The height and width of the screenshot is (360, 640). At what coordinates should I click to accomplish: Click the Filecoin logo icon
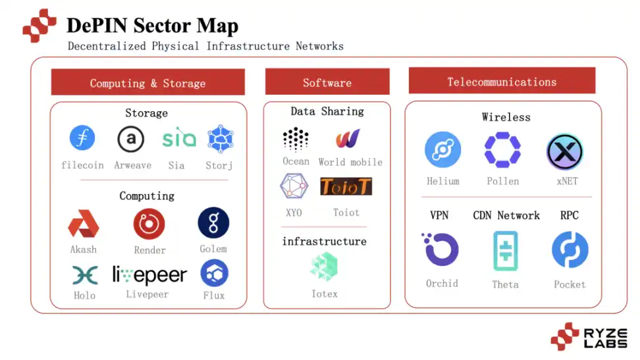(x=82, y=138)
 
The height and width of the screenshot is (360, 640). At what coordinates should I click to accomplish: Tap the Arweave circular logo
(x=131, y=139)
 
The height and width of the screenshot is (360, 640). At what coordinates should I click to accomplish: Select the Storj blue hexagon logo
(x=220, y=139)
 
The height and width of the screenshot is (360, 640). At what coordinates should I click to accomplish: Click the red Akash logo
(x=84, y=224)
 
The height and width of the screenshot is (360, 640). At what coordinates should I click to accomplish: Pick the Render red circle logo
(x=149, y=224)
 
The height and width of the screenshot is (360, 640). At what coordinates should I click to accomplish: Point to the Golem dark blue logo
(x=213, y=223)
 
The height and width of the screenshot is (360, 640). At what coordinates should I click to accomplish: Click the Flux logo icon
(x=214, y=272)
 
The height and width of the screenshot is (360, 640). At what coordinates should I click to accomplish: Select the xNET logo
(x=565, y=151)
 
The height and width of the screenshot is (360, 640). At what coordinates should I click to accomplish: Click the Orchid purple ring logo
(x=441, y=251)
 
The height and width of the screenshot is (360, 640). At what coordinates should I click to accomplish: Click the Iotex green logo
(x=324, y=267)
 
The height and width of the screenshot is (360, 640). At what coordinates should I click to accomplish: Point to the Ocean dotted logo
(x=296, y=139)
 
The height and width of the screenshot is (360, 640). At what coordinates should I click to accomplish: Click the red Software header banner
(x=327, y=82)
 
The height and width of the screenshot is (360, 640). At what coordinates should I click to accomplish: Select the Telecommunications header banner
(x=502, y=82)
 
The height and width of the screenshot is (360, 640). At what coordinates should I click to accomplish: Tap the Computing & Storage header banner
(x=147, y=83)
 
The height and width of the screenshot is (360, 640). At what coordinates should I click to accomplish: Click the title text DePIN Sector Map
(x=152, y=26)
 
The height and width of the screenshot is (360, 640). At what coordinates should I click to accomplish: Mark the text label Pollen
(x=503, y=181)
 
